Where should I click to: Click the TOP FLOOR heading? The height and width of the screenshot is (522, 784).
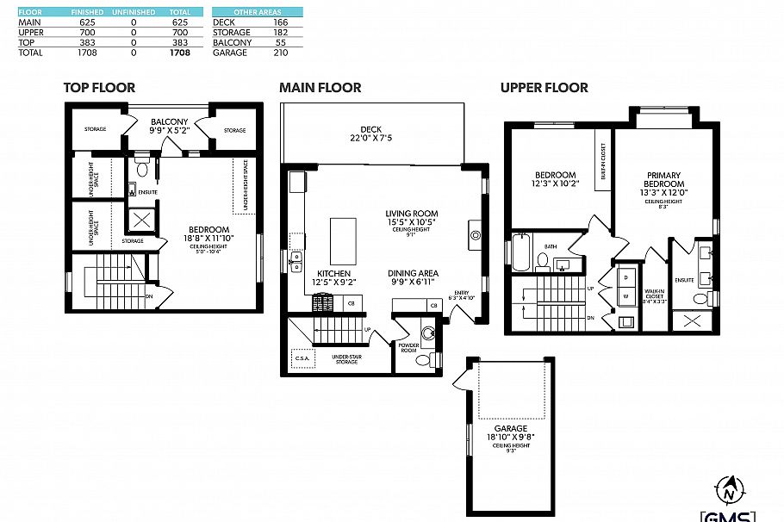99,88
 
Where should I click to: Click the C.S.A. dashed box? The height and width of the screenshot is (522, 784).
302,357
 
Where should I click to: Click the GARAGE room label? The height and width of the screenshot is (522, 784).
510,428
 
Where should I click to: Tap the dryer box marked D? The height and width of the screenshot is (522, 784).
625,277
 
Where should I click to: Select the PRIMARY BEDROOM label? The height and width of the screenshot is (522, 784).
664,180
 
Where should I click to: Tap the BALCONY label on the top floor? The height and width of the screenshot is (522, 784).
170,121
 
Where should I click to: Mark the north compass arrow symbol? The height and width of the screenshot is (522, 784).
730,490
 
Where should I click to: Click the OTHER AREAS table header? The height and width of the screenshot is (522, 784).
258,13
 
